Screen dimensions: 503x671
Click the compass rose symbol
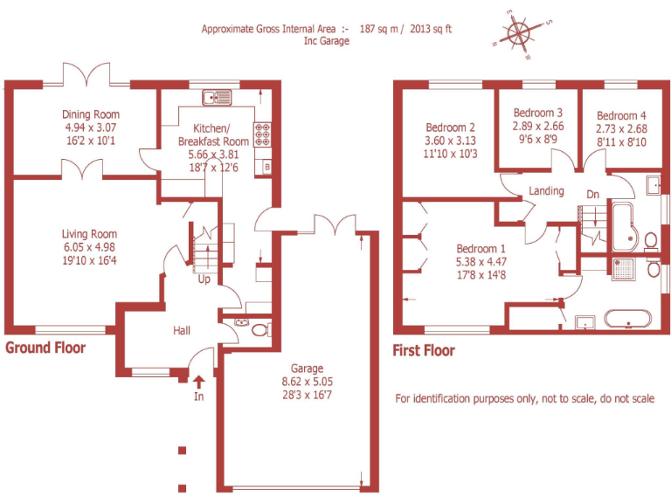519,34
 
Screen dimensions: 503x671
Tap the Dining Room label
90,114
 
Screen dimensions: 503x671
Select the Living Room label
89,234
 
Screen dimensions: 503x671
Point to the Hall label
181,330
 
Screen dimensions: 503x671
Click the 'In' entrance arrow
198,381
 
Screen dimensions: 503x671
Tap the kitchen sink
216,97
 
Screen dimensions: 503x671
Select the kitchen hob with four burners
262,134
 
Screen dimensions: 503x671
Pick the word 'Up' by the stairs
204,279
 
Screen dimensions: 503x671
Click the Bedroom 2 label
450,127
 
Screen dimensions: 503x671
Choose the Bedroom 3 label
537,113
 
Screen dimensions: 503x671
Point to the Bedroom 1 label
481,247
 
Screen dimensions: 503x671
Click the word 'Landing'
546,191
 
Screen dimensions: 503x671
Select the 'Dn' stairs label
592,194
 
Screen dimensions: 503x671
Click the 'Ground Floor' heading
45,348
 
